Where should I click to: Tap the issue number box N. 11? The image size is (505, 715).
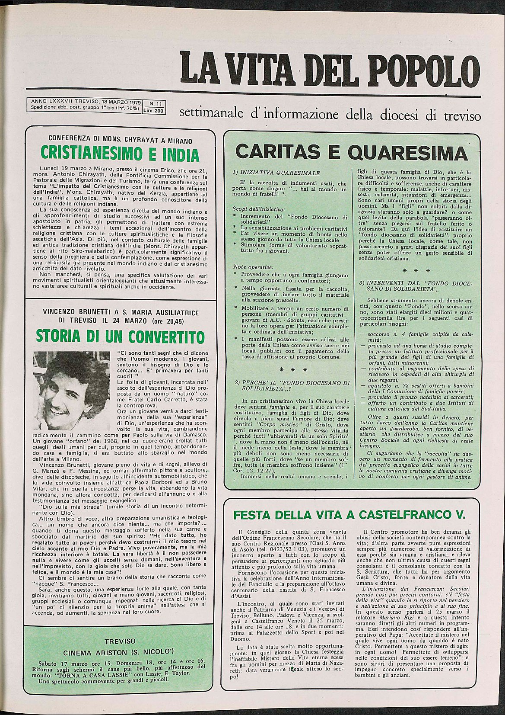tap(155, 103)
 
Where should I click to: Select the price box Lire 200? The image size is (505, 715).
tap(154, 111)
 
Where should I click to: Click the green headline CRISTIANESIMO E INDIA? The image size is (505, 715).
tap(120, 154)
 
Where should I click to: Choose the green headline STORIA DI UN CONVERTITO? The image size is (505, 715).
tap(120, 336)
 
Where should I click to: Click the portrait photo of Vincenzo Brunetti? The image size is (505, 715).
tap(74, 391)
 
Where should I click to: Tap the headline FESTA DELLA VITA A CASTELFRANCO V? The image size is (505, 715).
tap(349, 515)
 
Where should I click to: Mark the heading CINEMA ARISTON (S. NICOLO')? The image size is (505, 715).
tap(119, 652)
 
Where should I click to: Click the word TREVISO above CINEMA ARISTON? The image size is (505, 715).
tap(120, 641)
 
